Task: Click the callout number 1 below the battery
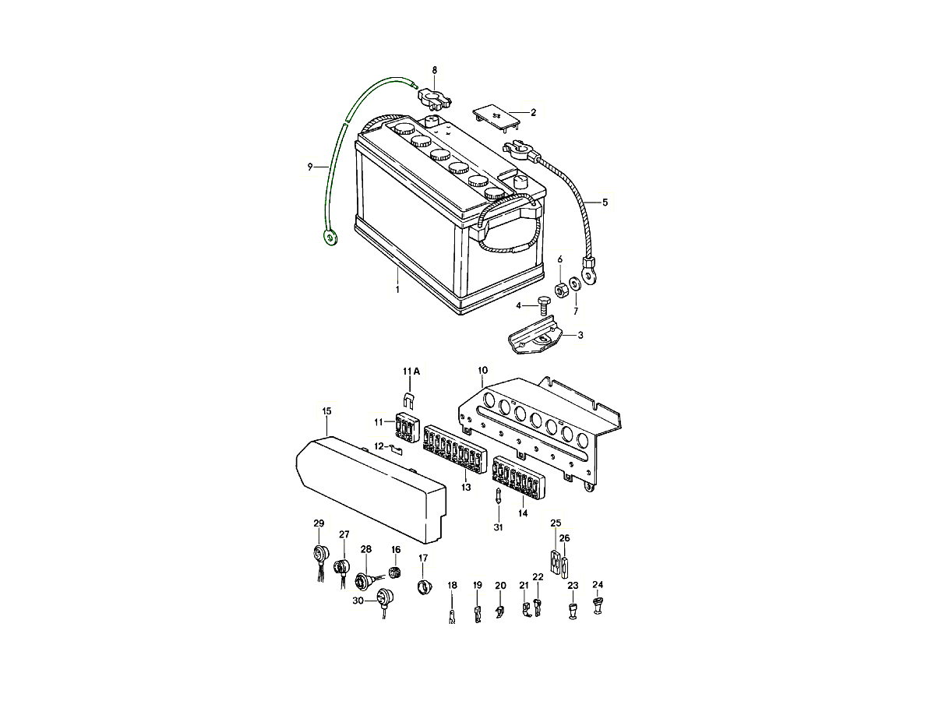pyautogui.click(x=397, y=290)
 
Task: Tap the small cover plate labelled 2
pyautogui.click(x=495, y=115)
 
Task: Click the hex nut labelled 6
pyautogui.click(x=559, y=291)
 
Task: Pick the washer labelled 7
pyautogui.click(x=574, y=284)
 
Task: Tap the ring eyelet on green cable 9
pyautogui.click(x=330, y=238)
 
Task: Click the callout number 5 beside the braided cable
pyautogui.click(x=605, y=203)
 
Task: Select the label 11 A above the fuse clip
pyautogui.click(x=411, y=372)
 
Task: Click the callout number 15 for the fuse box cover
pyautogui.click(x=326, y=410)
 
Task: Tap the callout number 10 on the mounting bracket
pyautogui.click(x=482, y=371)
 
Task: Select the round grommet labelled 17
pyautogui.click(x=424, y=586)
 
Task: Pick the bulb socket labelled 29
pyautogui.click(x=320, y=555)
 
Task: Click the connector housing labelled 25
pyautogui.click(x=555, y=562)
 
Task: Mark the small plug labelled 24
pyautogui.click(x=598, y=603)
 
